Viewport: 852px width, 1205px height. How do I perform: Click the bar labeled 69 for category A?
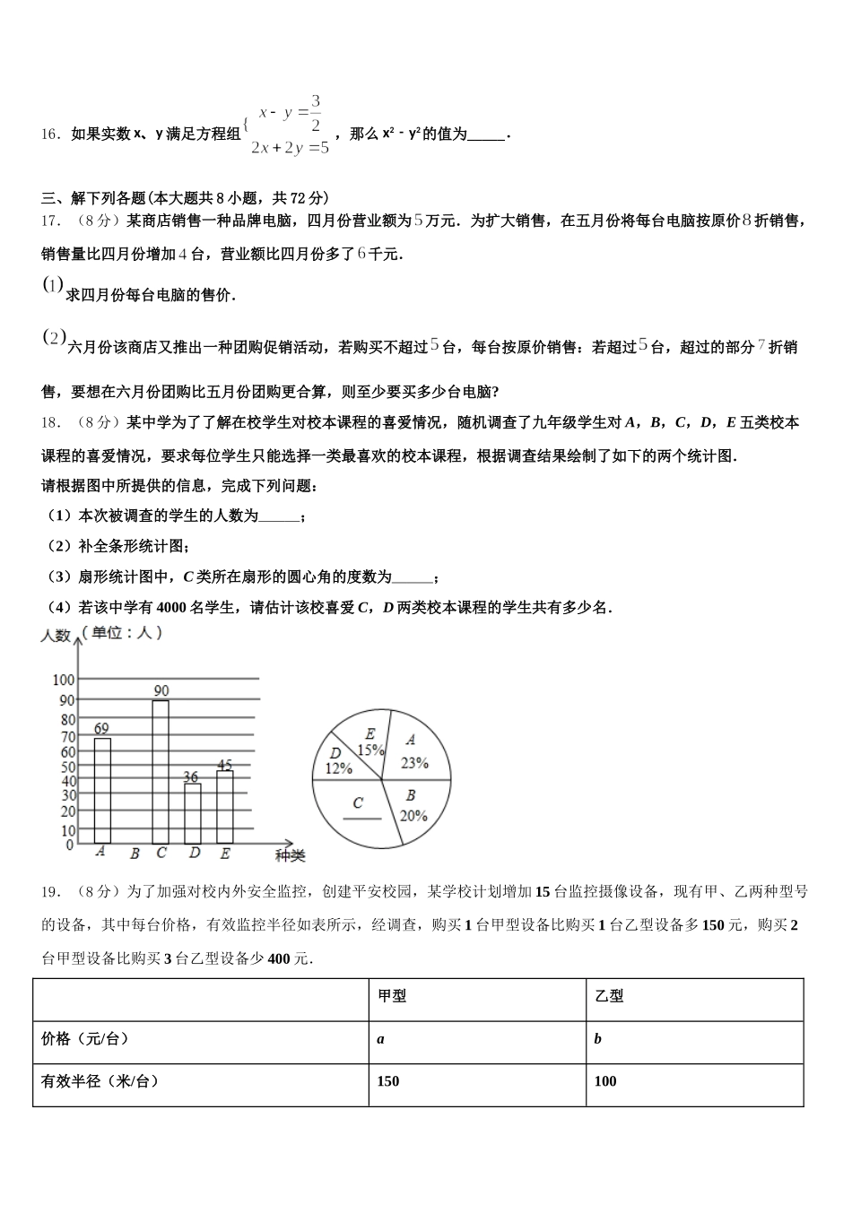point(102,789)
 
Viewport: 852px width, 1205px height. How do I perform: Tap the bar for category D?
point(193,813)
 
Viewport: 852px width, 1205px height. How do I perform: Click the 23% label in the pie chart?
point(414,763)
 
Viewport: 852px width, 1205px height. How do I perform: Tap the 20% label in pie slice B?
point(413,816)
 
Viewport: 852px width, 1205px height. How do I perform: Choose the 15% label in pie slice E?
point(370,750)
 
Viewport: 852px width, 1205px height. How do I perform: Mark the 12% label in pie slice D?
point(338,768)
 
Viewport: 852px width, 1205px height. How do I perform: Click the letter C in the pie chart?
point(358,802)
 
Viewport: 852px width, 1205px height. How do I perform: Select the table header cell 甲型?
point(392,996)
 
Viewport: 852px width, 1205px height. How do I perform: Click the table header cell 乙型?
point(609,996)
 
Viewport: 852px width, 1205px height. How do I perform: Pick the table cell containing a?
point(381,1039)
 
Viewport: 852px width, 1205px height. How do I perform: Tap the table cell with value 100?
point(605,1081)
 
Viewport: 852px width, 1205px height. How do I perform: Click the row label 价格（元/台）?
point(86,1039)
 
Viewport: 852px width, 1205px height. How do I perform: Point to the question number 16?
point(50,134)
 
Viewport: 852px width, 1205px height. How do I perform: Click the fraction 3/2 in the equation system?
point(315,112)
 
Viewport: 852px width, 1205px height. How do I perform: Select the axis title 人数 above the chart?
point(56,636)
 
